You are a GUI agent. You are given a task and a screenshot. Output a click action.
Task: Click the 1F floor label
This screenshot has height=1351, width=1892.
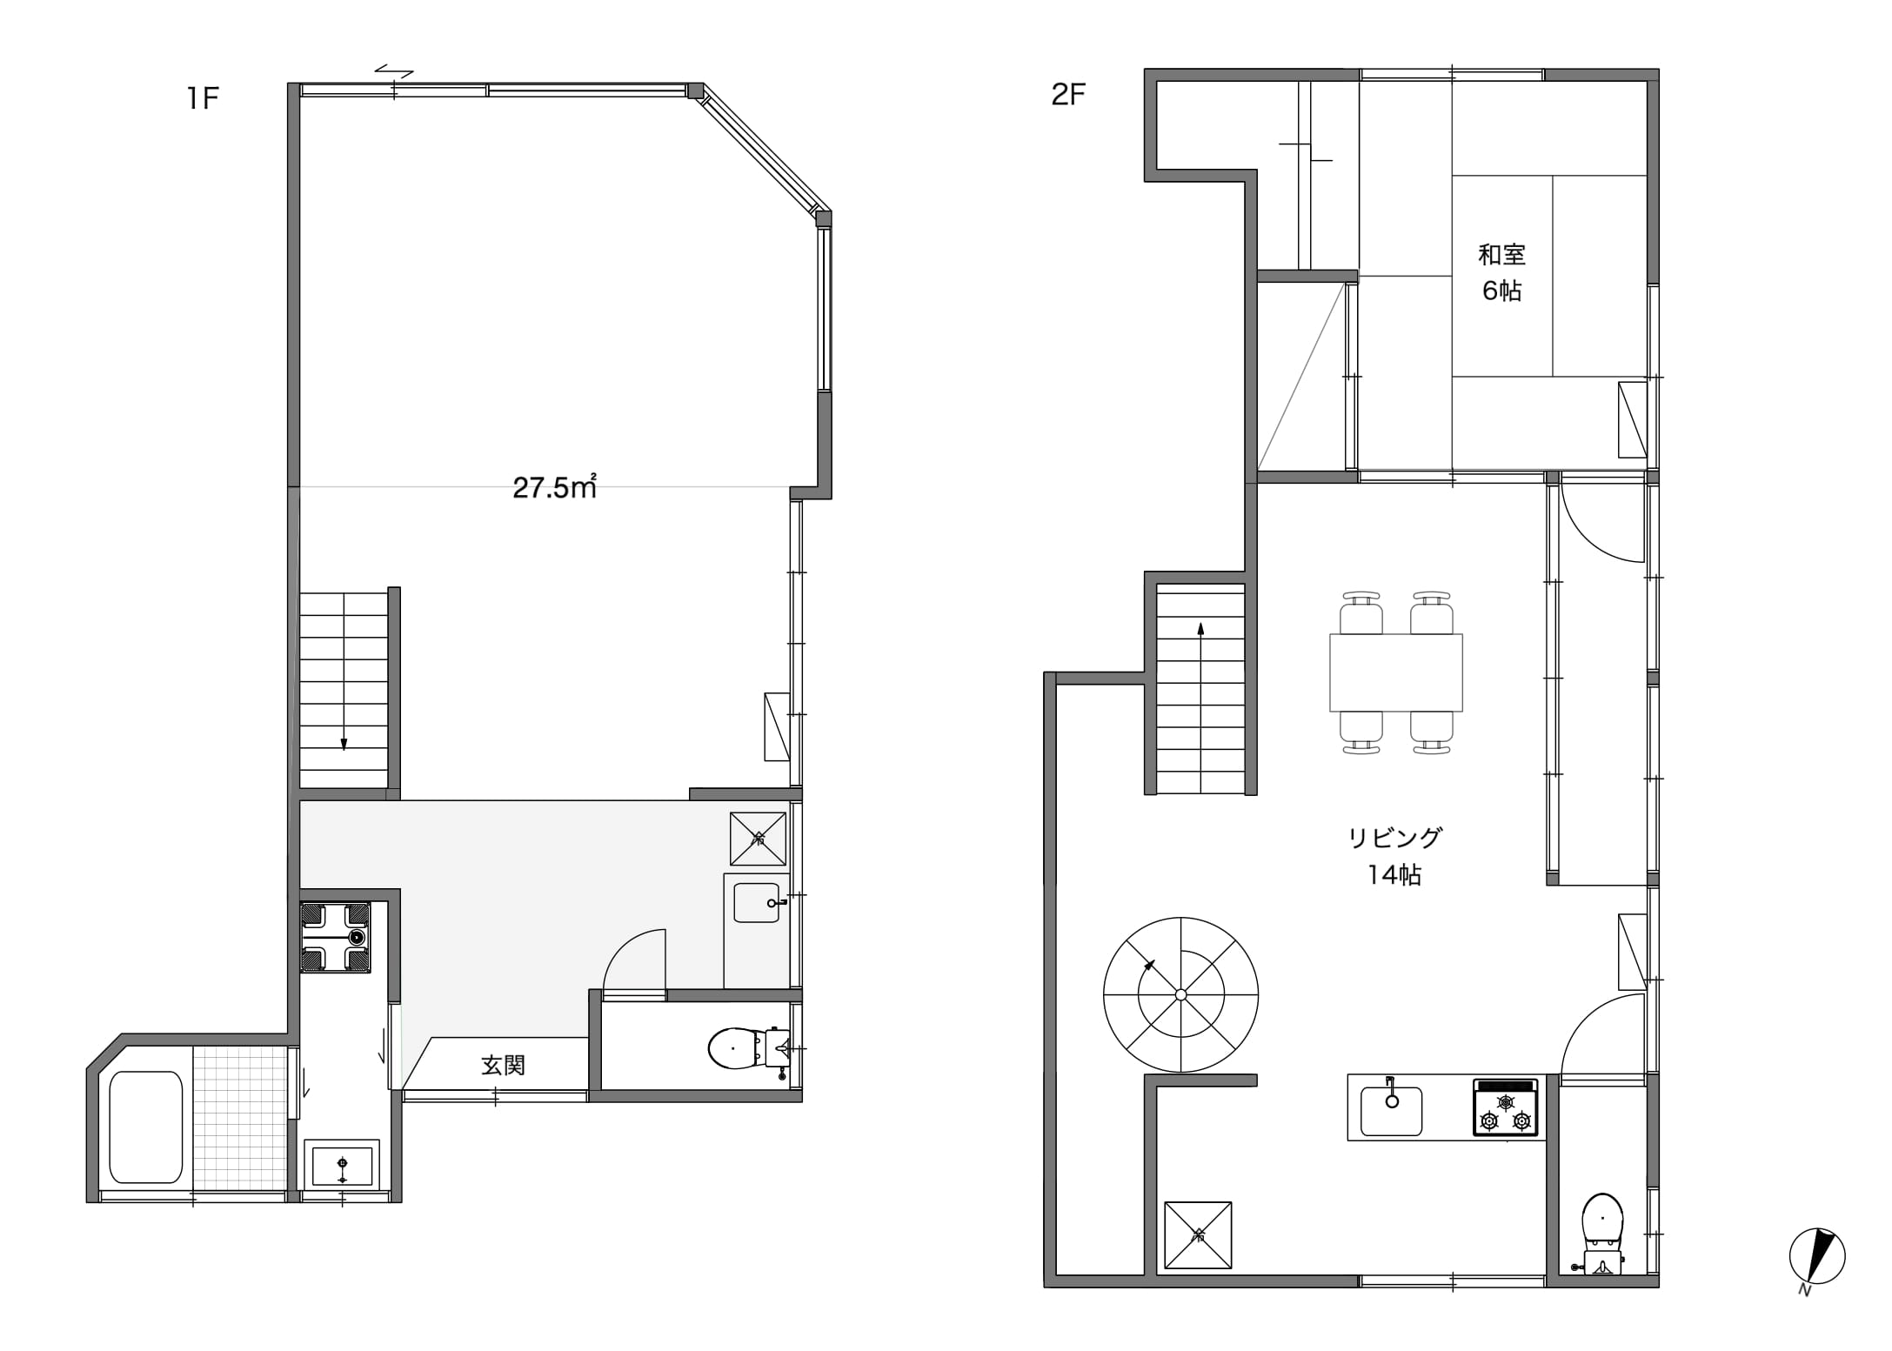(202, 98)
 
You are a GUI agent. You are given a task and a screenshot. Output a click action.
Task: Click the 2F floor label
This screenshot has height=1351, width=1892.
(1068, 94)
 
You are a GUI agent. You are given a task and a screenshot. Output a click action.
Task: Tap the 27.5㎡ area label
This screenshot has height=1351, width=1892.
(554, 487)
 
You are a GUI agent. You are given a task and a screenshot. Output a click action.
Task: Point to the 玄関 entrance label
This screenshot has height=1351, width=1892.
(504, 1065)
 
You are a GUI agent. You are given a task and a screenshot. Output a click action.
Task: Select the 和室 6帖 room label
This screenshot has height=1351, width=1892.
(1502, 272)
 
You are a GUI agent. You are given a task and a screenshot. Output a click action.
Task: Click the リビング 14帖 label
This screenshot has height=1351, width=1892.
(1395, 856)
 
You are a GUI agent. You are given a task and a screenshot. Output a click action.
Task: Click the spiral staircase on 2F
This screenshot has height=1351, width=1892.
(1180, 994)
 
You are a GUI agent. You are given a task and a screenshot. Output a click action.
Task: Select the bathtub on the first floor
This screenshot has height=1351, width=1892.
(146, 1127)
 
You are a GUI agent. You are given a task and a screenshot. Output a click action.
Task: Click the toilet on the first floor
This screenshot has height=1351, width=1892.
(749, 1049)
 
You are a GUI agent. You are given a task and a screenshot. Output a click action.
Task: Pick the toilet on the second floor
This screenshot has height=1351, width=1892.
(1602, 1234)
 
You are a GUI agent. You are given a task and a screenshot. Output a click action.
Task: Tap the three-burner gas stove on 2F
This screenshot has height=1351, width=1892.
(1505, 1107)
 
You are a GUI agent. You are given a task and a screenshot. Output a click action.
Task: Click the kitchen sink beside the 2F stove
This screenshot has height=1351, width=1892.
(1391, 1110)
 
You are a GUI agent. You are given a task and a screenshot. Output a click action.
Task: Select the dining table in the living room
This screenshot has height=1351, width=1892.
(1395, 672)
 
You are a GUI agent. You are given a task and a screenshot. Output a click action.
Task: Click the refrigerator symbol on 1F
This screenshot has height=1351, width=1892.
(758, 839)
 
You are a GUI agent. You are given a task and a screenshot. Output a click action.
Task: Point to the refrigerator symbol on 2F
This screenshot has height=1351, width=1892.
(1198, 1235)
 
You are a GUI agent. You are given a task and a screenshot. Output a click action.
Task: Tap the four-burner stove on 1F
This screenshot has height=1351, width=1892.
(335, 937)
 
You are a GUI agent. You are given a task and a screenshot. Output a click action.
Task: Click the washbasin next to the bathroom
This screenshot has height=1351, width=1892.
(342, 1164)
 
